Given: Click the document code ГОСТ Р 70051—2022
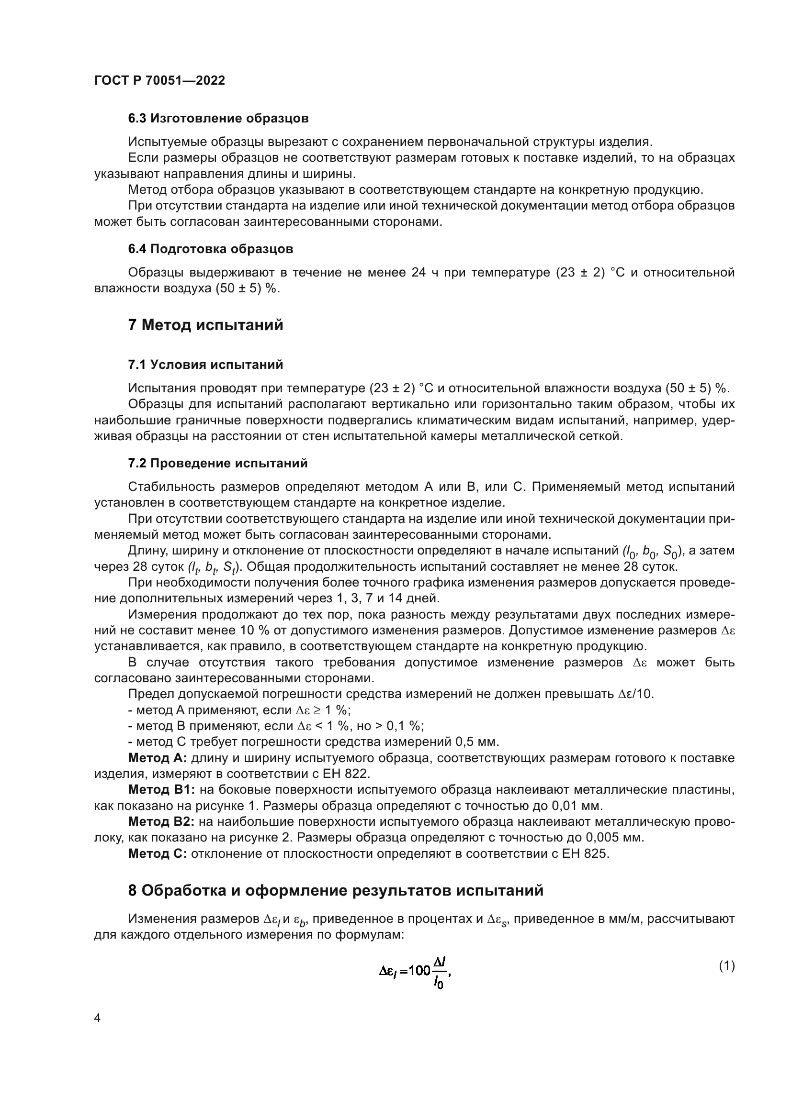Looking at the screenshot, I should [x=159, y=81].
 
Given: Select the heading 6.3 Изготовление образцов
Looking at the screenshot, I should [x=218, y=119].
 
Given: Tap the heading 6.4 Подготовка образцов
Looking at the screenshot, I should [x=211, y=249].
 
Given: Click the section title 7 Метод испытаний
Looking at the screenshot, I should [x=205, y=325].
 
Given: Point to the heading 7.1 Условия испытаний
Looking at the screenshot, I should [x=205, y=365].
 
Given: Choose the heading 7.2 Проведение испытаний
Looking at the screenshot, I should [x=217, y=463].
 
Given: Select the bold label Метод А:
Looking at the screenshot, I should [x=157, y=758].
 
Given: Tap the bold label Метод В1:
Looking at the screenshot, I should [x=161, y=789].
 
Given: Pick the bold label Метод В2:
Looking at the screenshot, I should [x=161, y=822].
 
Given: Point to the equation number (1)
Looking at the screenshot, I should [x=727, y=965].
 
